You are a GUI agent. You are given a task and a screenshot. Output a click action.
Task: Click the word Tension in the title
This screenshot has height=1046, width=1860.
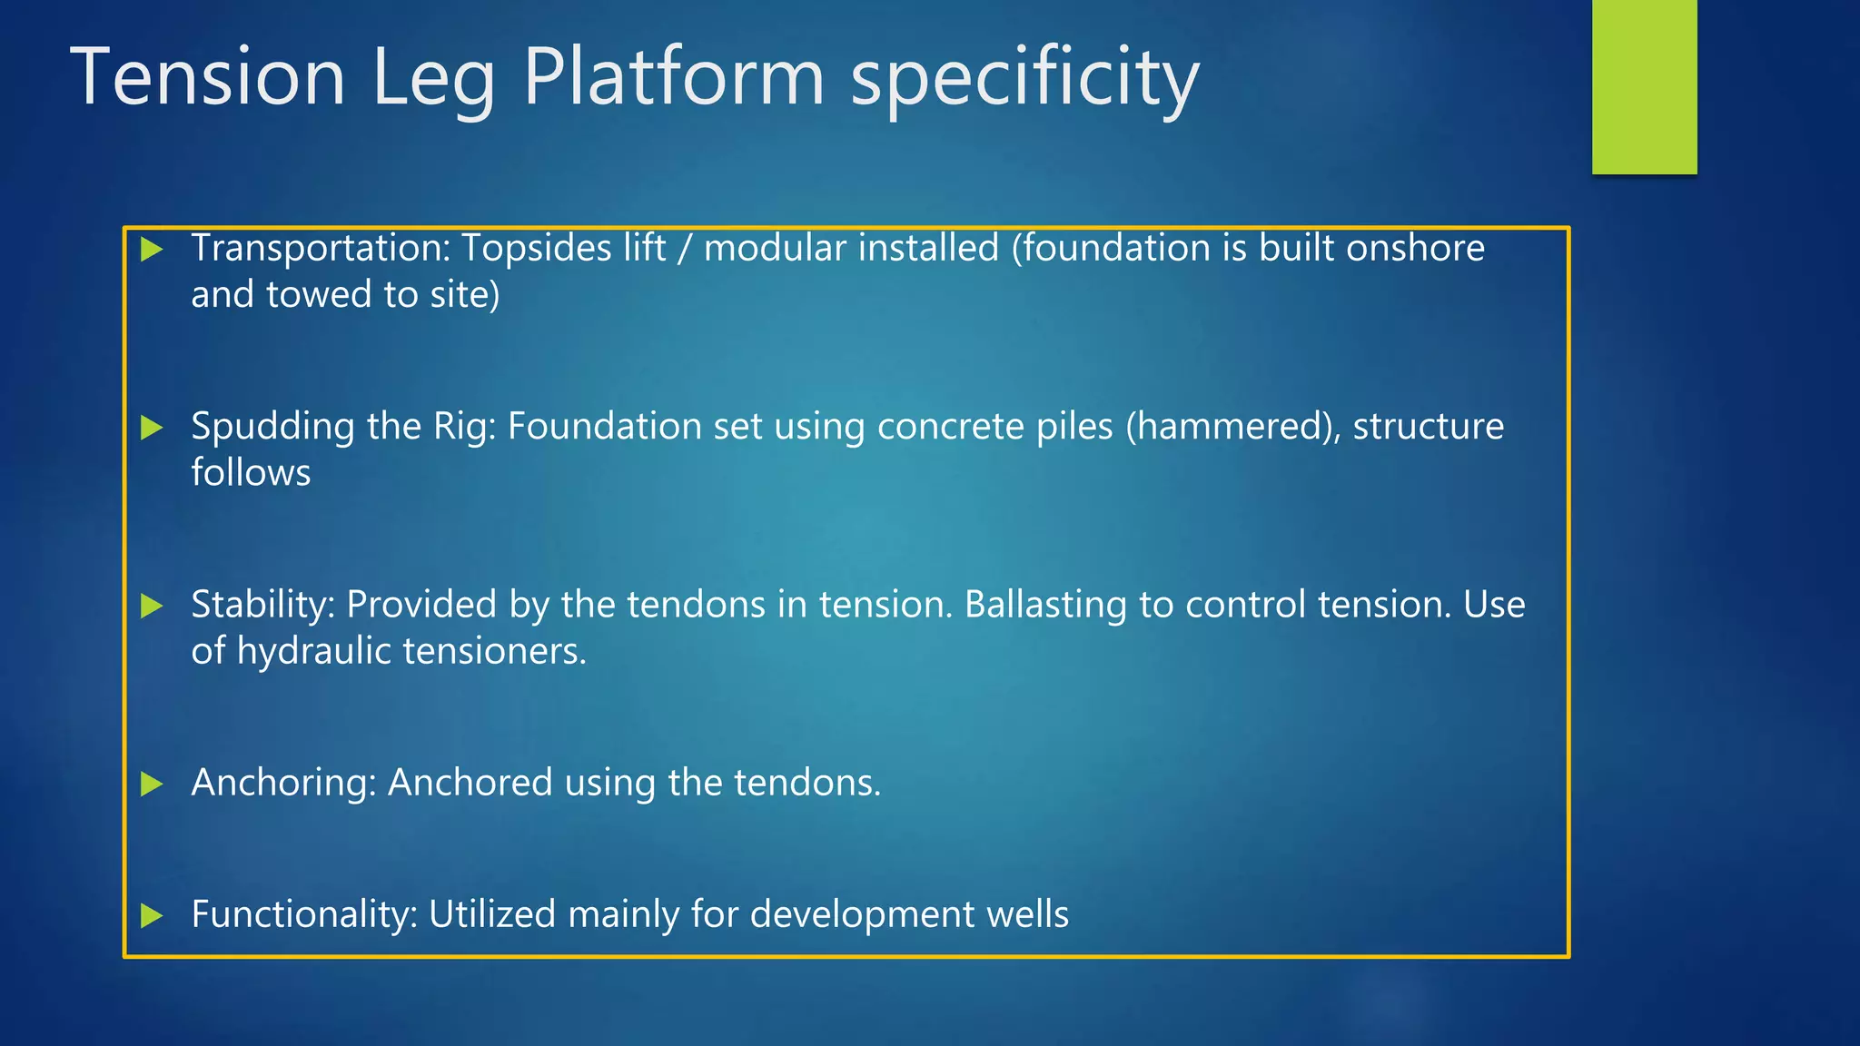[x=207, y=77]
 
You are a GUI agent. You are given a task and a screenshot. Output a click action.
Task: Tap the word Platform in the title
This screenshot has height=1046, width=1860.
[x=674, y=77]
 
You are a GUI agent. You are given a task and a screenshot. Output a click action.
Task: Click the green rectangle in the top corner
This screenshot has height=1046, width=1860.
[x=1644, y=86]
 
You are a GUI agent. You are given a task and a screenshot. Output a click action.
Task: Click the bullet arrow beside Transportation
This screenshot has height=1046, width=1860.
[x=152, y=249]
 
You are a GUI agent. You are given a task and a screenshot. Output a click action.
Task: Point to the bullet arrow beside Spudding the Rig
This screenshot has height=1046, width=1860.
[x=152, y=427]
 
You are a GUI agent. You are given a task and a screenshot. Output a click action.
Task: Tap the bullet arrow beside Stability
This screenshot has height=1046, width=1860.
[x=152, y=606]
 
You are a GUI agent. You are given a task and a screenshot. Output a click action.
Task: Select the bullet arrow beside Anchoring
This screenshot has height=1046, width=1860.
[x=152, y=784]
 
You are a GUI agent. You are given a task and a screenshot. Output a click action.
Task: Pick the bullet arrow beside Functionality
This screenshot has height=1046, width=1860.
[x=152, y=915]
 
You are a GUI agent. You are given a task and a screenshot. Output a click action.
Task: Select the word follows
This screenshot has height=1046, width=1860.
[x=251, y=473]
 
